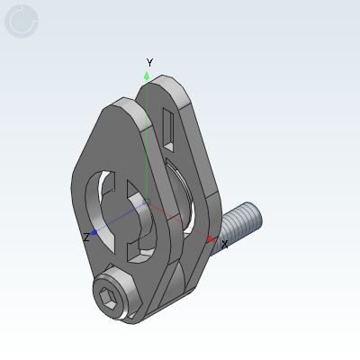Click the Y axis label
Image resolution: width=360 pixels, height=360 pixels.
[x=149, y=62]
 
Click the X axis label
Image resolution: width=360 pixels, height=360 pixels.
[x=224, y=244]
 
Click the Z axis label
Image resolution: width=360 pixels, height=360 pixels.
[x=85, y=237]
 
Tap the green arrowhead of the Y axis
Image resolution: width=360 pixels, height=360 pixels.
[x=147, y=74]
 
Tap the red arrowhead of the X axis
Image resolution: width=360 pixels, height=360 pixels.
[x=211, y=239]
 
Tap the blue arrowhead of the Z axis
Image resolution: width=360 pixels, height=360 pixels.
[x=94, y=233]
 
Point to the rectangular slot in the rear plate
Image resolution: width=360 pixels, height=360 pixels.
[x=169, y=123]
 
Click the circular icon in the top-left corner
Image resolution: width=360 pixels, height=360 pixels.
[x=22, y=22]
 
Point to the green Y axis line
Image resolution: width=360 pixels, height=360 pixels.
[x=147, y=135]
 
